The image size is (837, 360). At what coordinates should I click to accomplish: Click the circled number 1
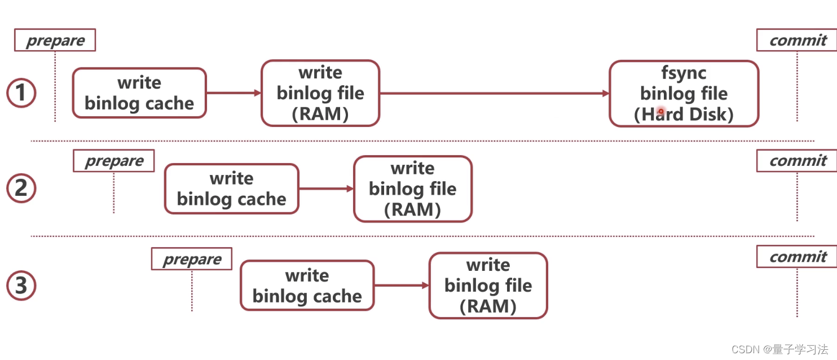(21, 93)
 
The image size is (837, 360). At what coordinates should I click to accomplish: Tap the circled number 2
(21, 188)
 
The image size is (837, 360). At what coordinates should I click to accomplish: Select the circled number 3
(21, 286)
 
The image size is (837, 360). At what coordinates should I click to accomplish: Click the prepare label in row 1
(55, 40)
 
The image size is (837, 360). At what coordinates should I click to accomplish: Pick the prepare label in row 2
(114, 161)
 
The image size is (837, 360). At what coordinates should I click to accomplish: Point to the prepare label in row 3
(192, 258)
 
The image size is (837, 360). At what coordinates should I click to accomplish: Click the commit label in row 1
(797, 40)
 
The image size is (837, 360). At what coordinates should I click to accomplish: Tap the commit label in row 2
(797, 161)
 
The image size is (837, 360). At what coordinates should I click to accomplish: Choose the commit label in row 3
(797, 256)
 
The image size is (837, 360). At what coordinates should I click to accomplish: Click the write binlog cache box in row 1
(139, 93)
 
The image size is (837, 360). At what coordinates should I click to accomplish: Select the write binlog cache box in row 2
(232, 189)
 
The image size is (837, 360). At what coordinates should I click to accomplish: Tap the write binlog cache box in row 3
(307, 286)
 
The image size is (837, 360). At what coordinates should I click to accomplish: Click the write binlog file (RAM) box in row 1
(320, 93)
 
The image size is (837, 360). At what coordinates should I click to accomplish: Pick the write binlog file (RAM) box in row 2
(413, 189)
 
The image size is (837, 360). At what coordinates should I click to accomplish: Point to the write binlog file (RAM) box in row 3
(488, 286)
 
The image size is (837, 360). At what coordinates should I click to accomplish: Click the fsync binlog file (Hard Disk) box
(684, 94)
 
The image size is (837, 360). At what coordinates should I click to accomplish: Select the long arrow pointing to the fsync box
(494, 94)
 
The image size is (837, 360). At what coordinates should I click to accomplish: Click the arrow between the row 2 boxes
(326, 189)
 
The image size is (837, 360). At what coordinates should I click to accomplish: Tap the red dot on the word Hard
(660, 111)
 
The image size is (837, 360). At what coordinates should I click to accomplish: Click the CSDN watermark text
(779, 349)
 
